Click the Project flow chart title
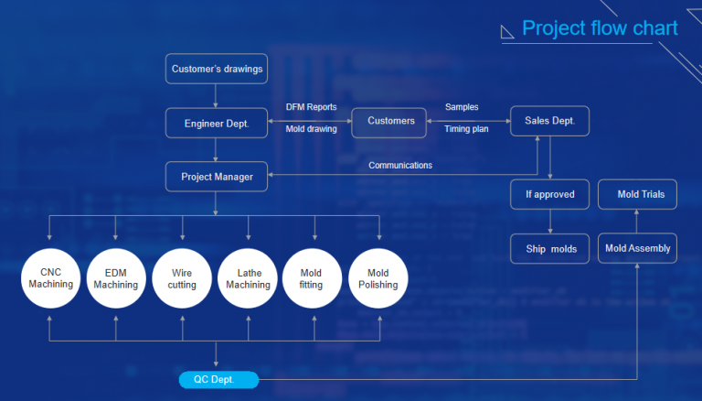click(x=600, y=28)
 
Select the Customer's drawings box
click(x=217, y=69)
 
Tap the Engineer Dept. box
click(x=217, y=122)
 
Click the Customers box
click(x=389, y=121)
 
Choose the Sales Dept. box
click(x=549, y=122)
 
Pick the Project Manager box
click(x=217, y=177)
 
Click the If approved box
click(x=550, y=194)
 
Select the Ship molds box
click(x=550, y=249)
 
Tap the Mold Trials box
click(x=637, y=194)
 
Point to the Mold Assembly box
click(x=637, y=248)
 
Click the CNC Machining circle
click(x=50, y=278)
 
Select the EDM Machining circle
click(x=115, y=278)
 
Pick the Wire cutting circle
click(x=181, y=278)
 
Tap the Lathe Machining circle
click(x=248, y=278)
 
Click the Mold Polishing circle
click(x=378, y=278)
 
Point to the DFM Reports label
click(x=311, y=107)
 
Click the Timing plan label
click(x=466, y=129)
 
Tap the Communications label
click(x=400, y=166)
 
